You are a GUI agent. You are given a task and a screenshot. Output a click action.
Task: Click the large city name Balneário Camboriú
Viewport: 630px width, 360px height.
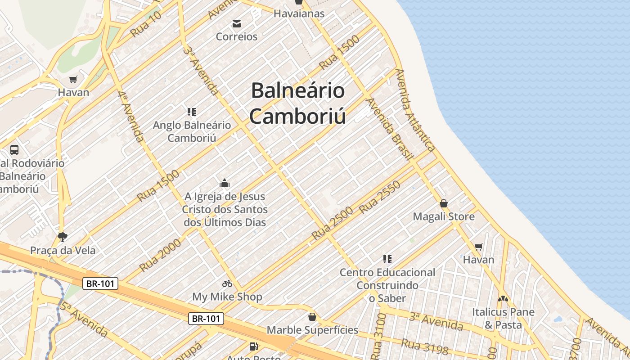pos(298,103)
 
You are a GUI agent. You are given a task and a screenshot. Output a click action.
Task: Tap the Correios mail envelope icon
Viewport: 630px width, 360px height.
pos(237,24)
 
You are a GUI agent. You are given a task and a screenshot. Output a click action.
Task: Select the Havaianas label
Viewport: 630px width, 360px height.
pos(299,13)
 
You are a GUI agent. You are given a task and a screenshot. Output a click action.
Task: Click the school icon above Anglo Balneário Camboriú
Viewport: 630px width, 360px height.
pos(192,112)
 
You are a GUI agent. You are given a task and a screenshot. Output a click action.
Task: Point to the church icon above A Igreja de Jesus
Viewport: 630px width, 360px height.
pos(225,183)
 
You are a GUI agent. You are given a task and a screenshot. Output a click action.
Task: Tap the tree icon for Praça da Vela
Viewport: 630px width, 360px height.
pos(63,237)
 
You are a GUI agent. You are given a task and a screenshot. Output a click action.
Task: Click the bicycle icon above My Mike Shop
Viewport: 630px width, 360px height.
pos(227,283)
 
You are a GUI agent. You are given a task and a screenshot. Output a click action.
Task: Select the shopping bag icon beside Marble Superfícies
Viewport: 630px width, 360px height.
pos(312,317)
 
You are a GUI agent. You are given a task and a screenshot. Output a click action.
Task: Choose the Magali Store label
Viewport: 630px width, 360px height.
pos(444,216)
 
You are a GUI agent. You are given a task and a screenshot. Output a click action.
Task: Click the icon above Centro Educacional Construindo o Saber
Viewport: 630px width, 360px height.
pos(387,259)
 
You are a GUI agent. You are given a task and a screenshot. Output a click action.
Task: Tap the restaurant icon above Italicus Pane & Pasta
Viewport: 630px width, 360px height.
pos(503,298)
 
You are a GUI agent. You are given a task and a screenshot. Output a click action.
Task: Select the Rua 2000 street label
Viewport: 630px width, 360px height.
pos(160,255)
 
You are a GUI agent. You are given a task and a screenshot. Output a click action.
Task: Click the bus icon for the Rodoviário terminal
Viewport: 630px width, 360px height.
pos(14,150)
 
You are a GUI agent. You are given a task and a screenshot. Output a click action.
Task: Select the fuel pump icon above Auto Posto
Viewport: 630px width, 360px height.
pos(254,346)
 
